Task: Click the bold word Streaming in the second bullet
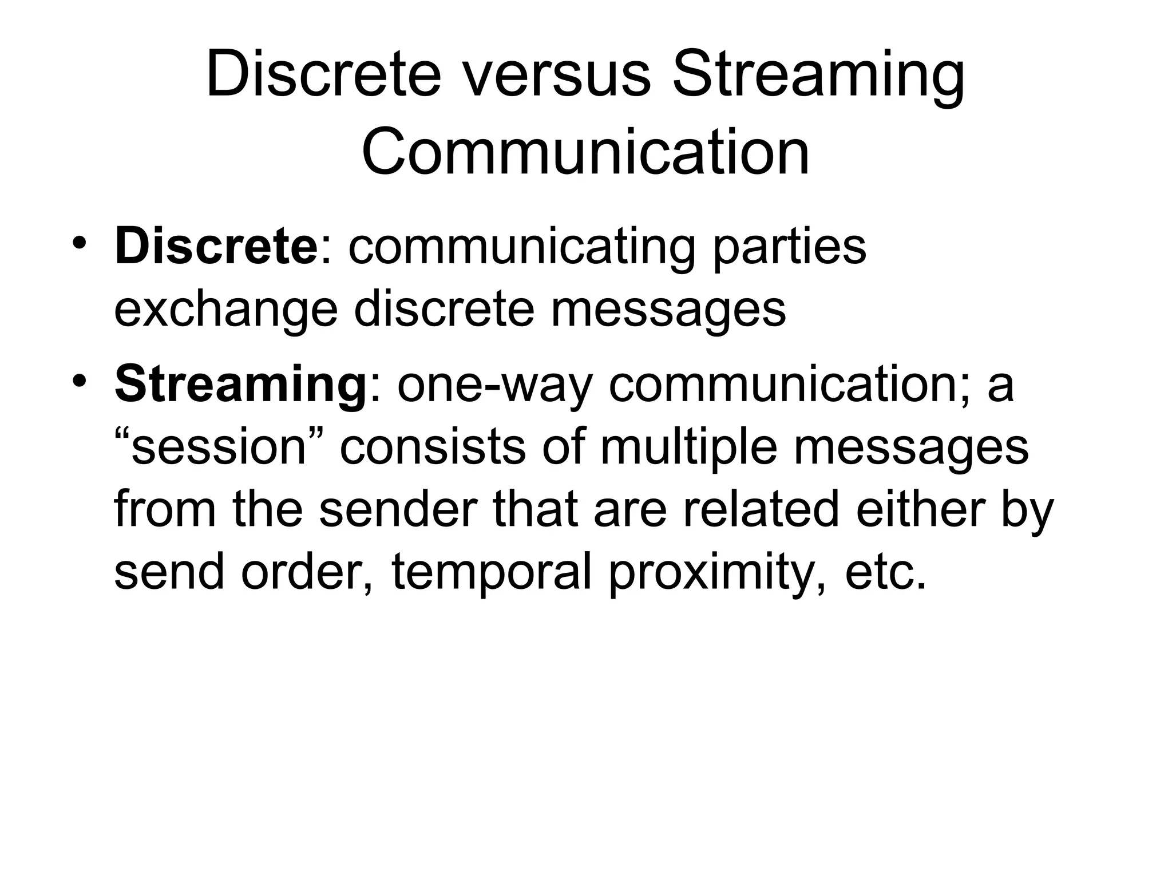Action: point(240,385)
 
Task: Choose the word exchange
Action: point(225,311)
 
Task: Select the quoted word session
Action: point(220,448)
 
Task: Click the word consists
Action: point(432,448)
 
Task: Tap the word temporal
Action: point(492,573)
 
